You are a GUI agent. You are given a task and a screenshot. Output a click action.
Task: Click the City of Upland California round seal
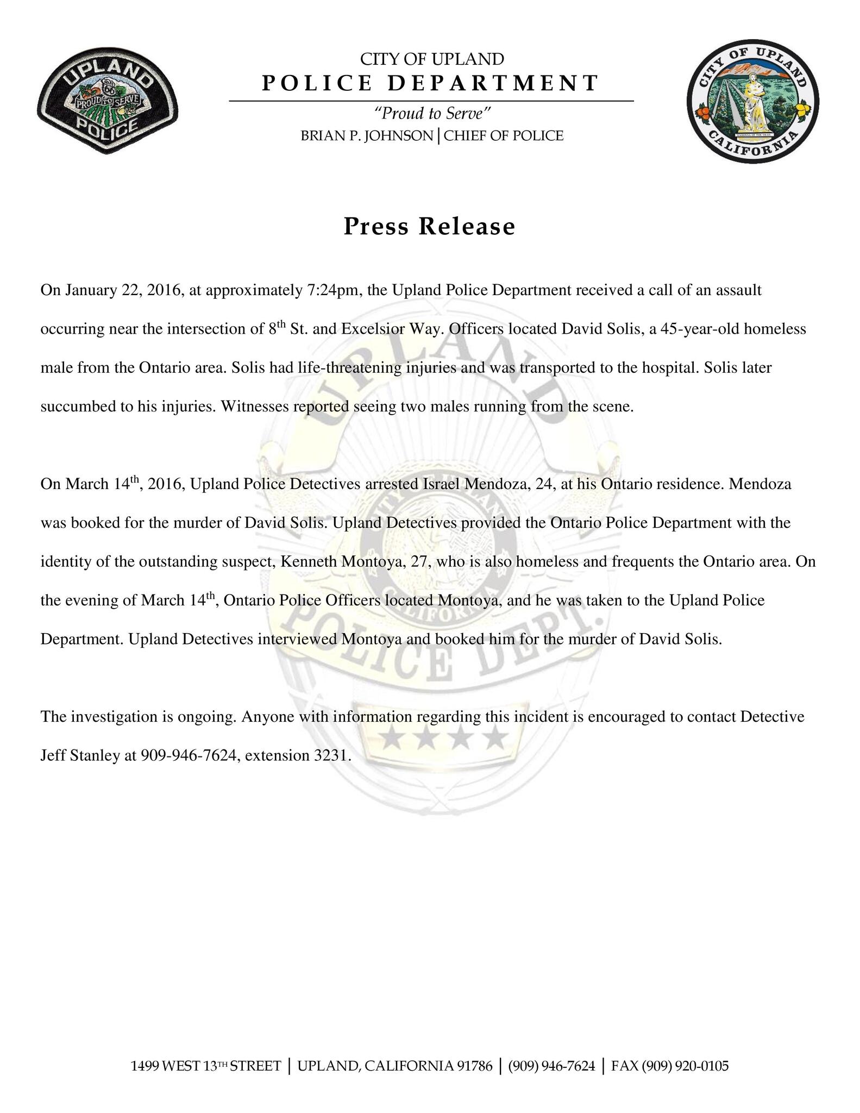753,101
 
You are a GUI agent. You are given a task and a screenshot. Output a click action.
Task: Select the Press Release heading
429,226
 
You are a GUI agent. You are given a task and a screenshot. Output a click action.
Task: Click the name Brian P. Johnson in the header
367,135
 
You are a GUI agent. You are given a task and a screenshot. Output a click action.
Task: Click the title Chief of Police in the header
504,135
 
